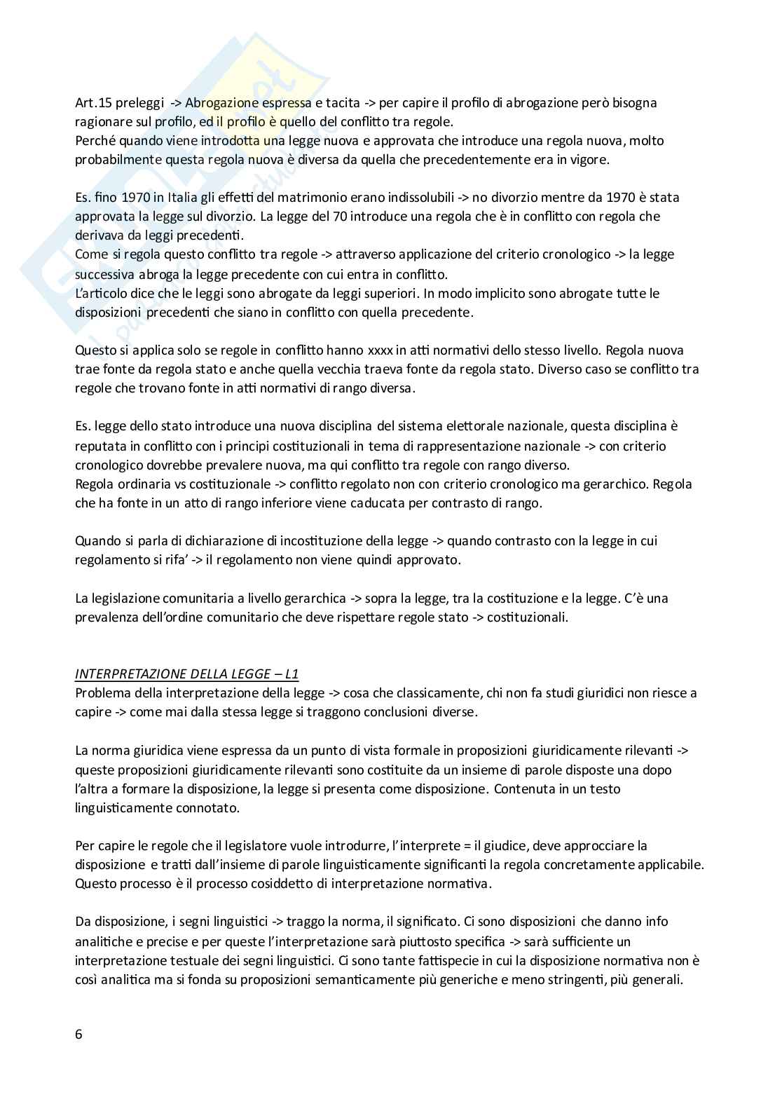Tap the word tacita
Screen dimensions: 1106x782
tap(342, 103)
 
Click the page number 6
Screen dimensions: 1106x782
tap(78, 1035)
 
